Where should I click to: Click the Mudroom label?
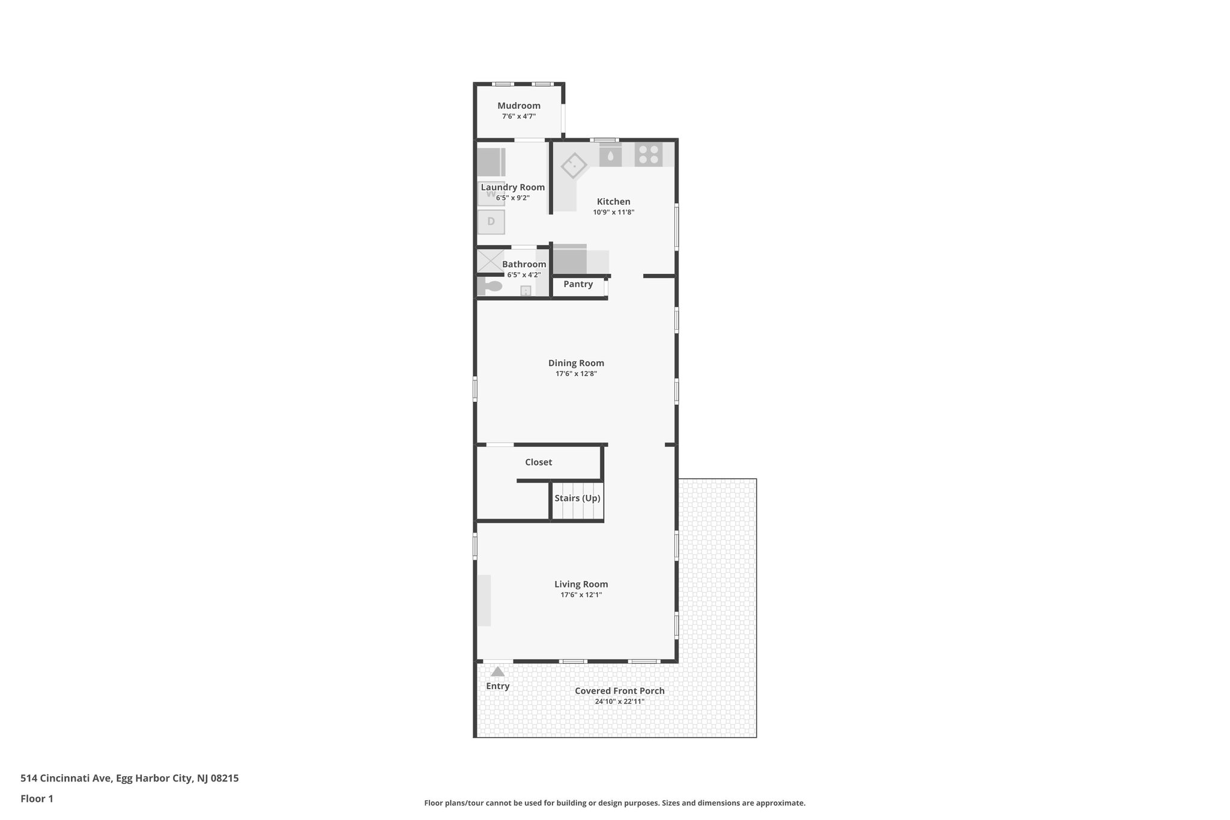point(518,106)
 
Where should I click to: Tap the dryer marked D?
point(491,222)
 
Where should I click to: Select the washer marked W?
point(491,195)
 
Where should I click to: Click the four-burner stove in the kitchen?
point(649,154)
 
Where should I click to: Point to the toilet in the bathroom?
point(492,287)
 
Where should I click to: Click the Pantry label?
point(578,284)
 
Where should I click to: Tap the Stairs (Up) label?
point(577,498)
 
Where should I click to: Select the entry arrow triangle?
point(497,672)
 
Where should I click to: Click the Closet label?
point(538,462)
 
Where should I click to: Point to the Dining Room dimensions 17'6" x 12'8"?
point(576,374)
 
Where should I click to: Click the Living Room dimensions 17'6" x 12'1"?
point(581,595)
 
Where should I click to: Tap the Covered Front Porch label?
point(619,691)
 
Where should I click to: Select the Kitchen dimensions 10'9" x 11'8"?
point(613,212)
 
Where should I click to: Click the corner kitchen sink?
point(574,164)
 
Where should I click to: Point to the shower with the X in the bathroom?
point(489,261)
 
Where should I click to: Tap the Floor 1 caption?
point(37,798)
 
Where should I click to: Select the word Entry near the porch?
point(497,686)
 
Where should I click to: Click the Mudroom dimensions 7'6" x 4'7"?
point(518,117)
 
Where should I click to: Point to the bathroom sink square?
point(526,291)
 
